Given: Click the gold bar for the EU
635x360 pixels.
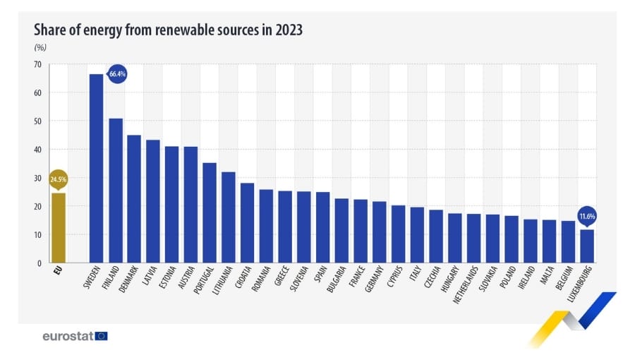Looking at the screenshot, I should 58,228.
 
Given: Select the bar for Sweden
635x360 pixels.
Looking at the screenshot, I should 96,169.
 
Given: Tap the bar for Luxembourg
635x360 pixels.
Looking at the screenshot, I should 587,246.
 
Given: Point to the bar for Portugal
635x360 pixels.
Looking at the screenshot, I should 210,212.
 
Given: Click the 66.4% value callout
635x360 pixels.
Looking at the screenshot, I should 116,73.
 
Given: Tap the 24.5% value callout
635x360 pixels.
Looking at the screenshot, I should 58,180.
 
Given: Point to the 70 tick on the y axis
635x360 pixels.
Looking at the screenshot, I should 37,64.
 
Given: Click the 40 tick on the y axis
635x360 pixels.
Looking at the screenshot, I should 37,150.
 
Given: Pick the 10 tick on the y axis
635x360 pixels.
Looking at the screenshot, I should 37,235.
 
